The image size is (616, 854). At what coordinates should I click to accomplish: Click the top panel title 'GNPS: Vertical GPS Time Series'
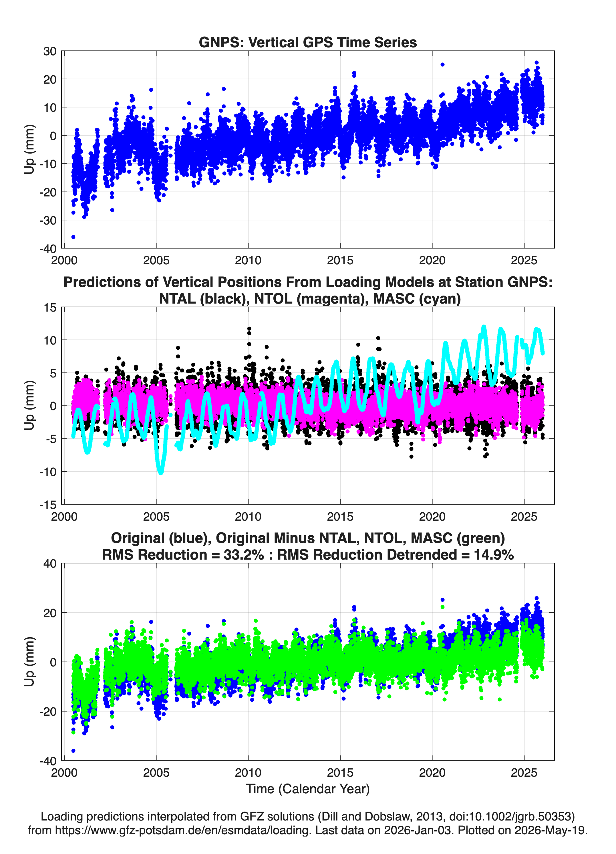308,42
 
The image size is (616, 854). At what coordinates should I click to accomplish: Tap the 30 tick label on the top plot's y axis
50,51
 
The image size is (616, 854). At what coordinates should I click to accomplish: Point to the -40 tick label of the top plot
48,249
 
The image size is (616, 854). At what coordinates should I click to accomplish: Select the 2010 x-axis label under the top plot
248,260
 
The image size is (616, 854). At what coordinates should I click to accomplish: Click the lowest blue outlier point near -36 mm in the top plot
73,237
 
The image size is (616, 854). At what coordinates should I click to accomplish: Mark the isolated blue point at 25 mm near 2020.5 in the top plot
443,64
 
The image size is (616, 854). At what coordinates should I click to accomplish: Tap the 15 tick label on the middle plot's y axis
50,308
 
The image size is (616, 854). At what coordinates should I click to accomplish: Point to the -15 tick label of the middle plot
48,505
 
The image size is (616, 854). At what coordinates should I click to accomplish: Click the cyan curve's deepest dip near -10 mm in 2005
161,472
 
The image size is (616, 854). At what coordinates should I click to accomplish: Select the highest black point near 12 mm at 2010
249,329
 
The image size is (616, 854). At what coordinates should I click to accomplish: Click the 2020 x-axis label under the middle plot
432,516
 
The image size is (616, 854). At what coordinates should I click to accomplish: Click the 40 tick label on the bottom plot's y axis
50,564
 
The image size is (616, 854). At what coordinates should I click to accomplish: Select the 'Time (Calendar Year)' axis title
308,789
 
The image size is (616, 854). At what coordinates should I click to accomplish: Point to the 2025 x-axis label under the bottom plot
524,773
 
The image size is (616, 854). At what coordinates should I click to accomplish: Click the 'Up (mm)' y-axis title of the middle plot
29,406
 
